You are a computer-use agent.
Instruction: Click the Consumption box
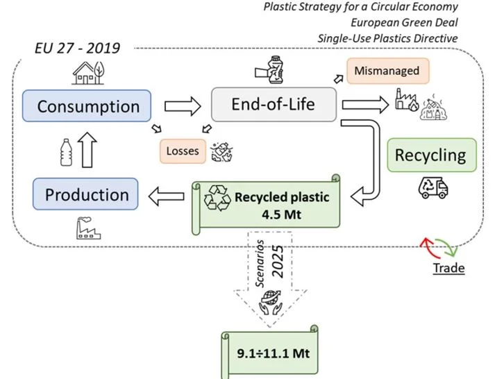[87, 106]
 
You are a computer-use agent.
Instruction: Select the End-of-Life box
[274, 104]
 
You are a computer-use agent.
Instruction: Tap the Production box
[85, 194]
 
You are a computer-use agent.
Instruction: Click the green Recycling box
[432, 155]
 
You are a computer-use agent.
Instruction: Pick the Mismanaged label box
[388, 71]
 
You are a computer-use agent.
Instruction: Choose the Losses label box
[183, 151]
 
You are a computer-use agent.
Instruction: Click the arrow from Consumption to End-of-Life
[183, 106]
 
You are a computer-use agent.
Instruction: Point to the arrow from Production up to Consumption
[87, 149]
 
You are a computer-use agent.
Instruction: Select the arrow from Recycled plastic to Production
[167, 196]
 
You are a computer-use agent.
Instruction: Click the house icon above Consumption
[88, 73]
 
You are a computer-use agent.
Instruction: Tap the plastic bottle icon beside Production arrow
[66, 153]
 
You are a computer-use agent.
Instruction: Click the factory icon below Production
[88, 228]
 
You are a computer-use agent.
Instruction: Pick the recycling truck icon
[433, 187]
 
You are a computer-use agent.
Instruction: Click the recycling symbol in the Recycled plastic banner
[217, 198]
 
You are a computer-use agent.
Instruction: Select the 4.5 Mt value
[281, 214]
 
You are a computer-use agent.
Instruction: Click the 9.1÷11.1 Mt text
[274, 353]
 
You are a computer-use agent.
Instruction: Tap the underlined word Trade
[448, 268]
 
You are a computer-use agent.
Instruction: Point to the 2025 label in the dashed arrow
[278, 262]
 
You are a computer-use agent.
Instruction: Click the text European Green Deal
[404, 23]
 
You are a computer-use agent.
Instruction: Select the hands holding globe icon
[271, 303]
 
